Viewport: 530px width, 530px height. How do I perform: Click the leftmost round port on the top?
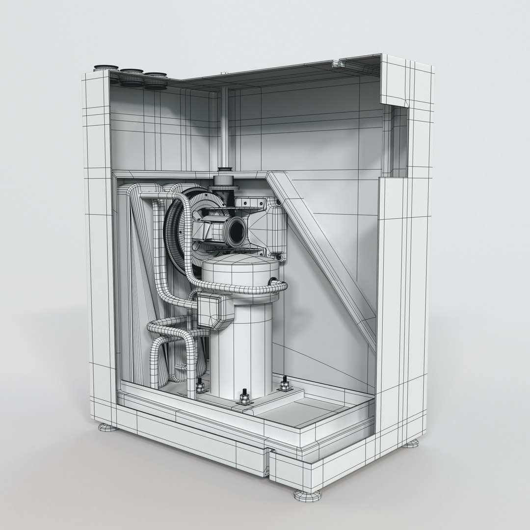[106, 68]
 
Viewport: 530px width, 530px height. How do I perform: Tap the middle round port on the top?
[131, 73]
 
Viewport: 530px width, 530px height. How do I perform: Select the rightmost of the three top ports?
[155, 77]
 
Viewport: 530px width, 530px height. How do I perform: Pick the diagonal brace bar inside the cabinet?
[324, 255]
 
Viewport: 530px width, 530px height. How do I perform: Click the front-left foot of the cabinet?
[107, 427]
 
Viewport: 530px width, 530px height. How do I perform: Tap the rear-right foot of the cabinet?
[411, 443]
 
